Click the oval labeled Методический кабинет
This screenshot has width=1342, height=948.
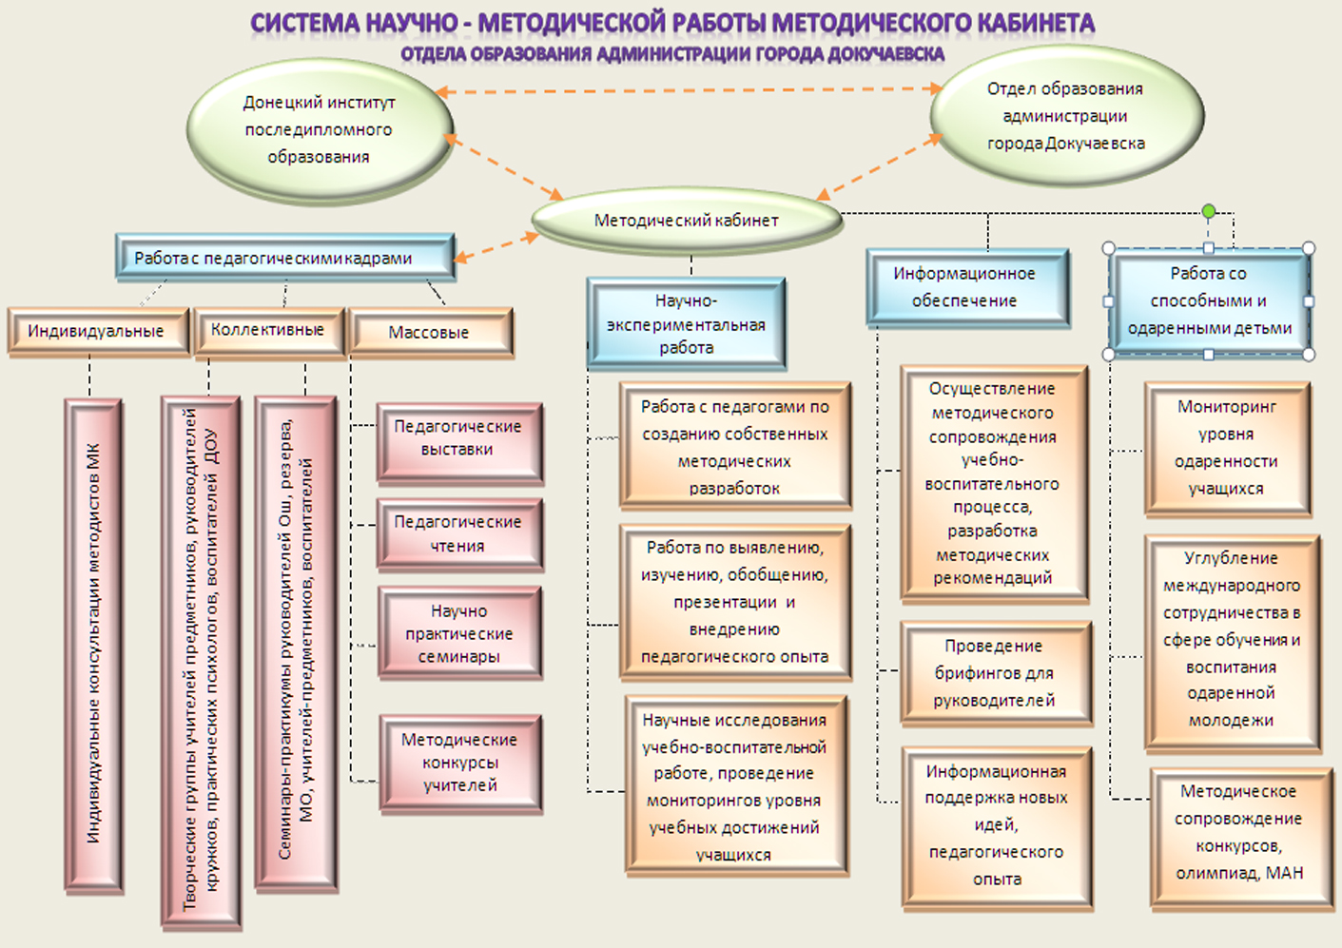coord(686,221)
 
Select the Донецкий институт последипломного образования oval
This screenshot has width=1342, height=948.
coord(320,130)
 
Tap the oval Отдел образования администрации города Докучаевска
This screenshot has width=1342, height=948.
coord(1065,117)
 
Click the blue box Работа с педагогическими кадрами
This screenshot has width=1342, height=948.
coord(284,258)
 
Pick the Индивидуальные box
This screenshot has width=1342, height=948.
coord(96,332)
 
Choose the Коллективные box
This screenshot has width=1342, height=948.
coord(268,331)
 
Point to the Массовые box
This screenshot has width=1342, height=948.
coord(430,333)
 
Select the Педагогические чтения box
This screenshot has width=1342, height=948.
coord(458,534)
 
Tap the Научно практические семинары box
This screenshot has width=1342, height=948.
coord(459,633)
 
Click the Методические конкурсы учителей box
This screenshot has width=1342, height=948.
coord(460,763)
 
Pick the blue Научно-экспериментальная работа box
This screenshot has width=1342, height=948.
coord(686,323)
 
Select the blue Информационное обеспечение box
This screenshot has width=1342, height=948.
coord(965,287)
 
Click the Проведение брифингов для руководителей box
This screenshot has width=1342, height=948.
coord(995,673)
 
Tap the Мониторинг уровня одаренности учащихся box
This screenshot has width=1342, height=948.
coord(1227,448)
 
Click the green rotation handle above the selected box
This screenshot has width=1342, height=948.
coord(1209,211)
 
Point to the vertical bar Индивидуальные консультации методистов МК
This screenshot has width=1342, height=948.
coord(93,645)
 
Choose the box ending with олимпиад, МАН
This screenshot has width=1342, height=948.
coord(1239,833)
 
